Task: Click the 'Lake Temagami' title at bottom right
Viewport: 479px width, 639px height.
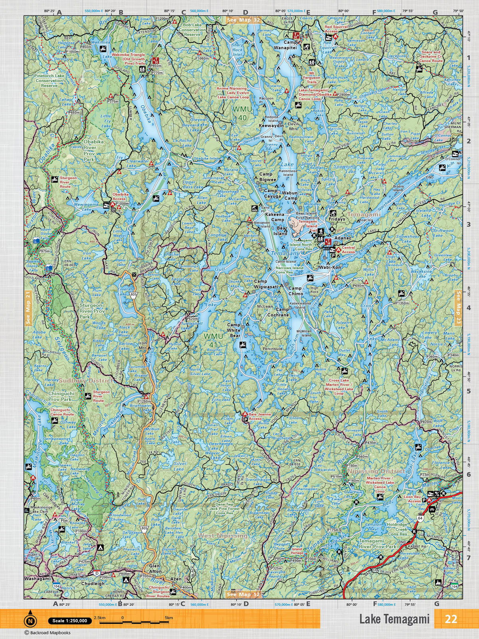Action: [x=394, y=619]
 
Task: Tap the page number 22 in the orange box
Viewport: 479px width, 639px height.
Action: [x=451, y=619]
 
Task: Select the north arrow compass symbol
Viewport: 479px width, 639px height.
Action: [x=30, y=621]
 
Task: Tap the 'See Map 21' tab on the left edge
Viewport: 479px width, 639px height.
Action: [x=28, y=308]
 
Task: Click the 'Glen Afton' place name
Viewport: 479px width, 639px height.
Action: [x=154, y=568]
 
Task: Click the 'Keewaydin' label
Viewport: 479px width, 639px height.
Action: [x=271, y=125]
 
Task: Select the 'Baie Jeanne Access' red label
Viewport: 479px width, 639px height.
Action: [x=260, y=417]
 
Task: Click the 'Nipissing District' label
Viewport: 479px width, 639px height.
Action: [x=376, y=471]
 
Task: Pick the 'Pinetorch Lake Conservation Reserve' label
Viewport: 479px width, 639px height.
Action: [x=49, y=80]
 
